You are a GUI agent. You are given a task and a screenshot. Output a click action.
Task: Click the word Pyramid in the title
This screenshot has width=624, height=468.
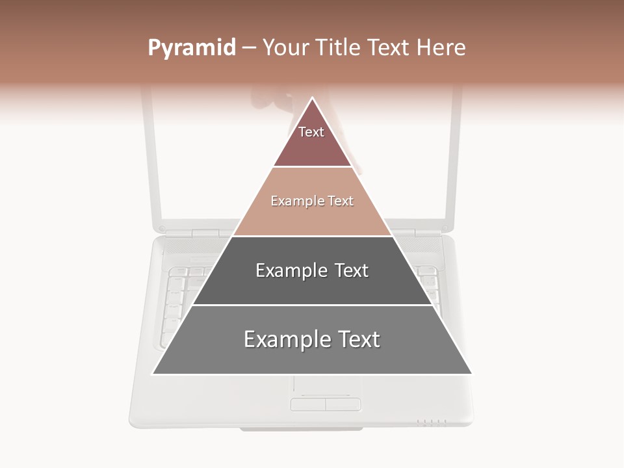pyautogui.click(x=191, y=48)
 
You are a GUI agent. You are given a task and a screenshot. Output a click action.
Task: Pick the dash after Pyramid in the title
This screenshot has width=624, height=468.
pyautogui.click(x=248, y=48)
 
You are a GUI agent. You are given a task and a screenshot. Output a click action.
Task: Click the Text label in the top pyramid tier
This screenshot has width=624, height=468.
pyautogui.click(x=311, y=132)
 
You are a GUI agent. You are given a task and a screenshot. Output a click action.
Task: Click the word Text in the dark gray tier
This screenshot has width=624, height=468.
pyautogui.click(x=352, y=270)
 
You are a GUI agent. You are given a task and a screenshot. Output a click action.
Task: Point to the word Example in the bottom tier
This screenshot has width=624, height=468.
pyautogui.click(x=285, y=339)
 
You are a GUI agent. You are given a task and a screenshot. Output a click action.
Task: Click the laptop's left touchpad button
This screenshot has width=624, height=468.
pyautogui.click(x=307, y=405)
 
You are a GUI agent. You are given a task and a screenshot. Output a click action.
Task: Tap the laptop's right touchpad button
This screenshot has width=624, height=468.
pyautogui.click(x=343, y=405)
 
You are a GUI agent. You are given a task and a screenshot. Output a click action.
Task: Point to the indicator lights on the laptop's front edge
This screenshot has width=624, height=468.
pyautogui.click(x=432, y=422)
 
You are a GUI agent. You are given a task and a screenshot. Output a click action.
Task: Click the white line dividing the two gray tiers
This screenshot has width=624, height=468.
pyautogui.click(x=312, y=305)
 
